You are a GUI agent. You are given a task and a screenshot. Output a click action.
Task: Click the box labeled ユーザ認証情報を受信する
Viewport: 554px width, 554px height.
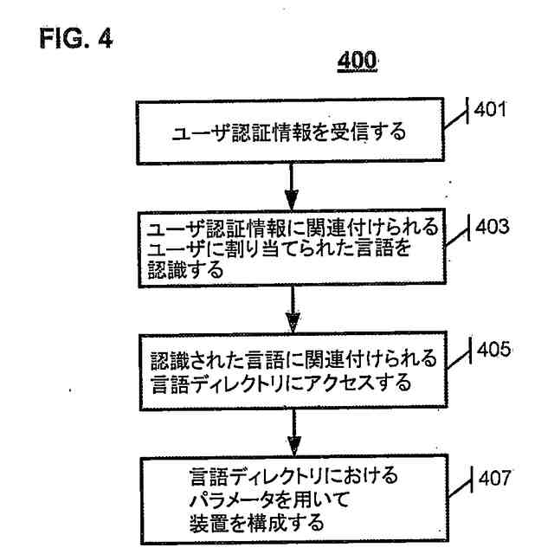click(290, 135)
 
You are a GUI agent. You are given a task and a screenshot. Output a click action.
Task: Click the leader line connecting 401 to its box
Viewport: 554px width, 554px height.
click(458, 126)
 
